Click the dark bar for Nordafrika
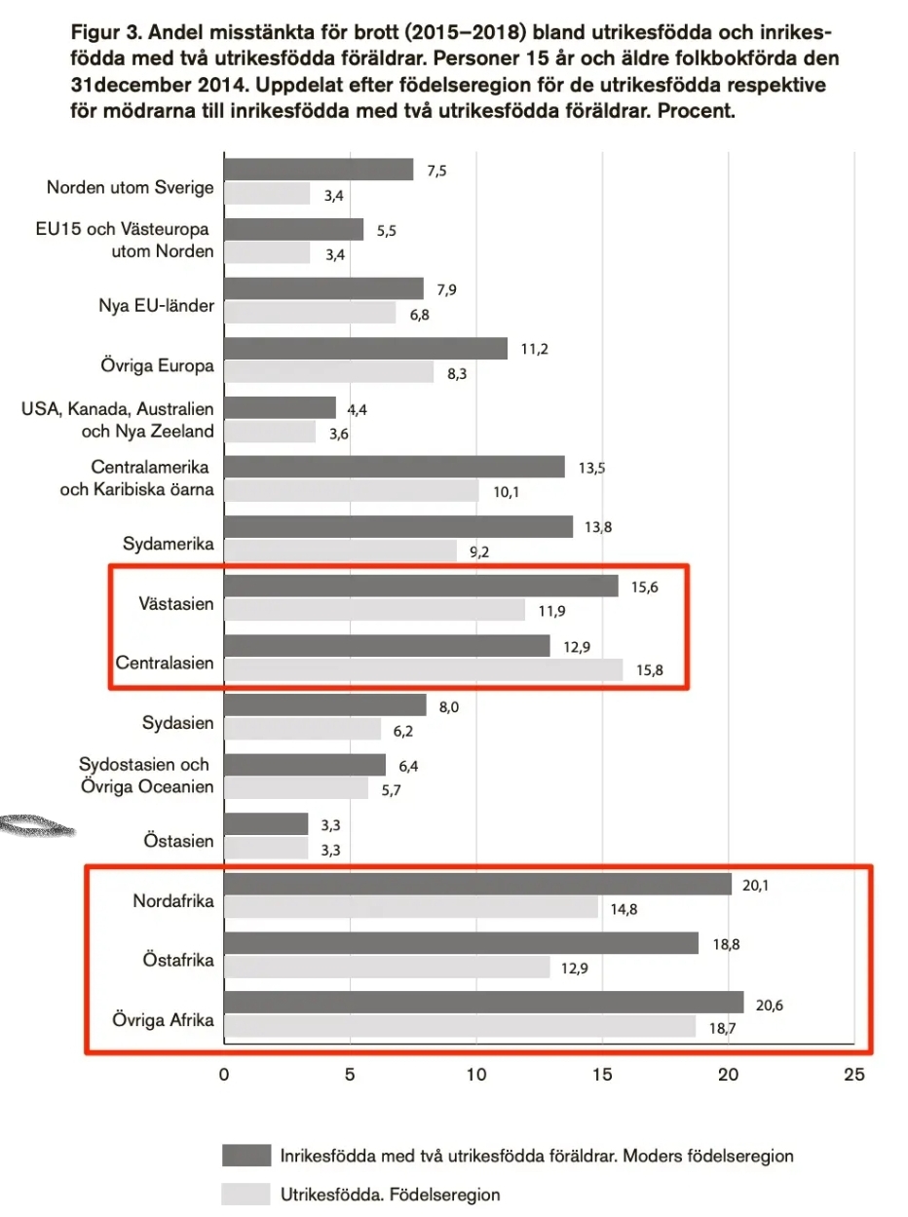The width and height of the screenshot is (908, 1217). coord(477,884)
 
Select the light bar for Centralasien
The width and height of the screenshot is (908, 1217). coord(423,669)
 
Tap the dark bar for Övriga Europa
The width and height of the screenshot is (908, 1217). coord(365,349)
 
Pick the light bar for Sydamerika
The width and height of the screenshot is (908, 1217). coord(340,551)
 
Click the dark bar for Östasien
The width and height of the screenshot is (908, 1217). coord(266,824)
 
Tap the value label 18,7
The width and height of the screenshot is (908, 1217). coord(723,1028)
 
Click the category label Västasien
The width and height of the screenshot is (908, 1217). coord(177,604)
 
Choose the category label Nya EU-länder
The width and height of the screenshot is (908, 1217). coord(149,309)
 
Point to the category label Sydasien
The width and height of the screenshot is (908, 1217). coord(177,723)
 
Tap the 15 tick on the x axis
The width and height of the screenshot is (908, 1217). coord(602,1075)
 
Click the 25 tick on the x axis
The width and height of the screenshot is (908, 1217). coord(853,1075)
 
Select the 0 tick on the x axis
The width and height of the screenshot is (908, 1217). coord(224,1075)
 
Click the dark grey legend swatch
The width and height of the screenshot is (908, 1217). coord(246,1156)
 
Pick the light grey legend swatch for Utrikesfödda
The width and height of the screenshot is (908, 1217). coord(246,1193)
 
